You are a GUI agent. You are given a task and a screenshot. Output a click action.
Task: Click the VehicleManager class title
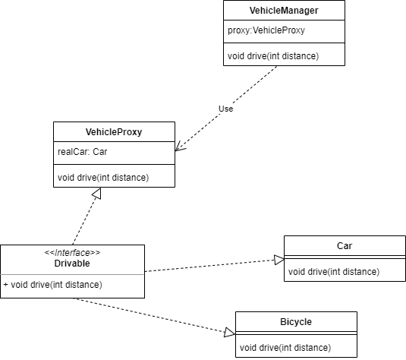click(284, 11)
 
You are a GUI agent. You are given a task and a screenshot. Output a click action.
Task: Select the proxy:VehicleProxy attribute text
click(266, 30)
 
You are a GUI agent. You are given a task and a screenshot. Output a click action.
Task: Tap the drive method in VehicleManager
click(273, 56)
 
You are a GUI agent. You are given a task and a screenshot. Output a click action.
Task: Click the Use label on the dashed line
click(226, 109)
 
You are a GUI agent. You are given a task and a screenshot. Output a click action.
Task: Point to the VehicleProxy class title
click(114, 132)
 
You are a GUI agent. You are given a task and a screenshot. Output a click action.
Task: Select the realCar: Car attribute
click(83, 152)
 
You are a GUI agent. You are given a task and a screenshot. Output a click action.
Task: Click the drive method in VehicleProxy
click(103, 178)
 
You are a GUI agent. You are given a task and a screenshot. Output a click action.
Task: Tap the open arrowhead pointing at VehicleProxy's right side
click(180, 147)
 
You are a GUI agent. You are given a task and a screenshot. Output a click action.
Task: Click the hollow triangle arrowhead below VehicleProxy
click(96, 194)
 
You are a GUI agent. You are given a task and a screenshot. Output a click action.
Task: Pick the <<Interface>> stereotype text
click(72, 252)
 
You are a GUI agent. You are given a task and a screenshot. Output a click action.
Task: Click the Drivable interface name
click(72, 264)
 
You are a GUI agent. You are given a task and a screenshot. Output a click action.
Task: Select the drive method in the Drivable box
click(53, 285)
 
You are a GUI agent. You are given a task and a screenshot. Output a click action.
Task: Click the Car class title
click(345, 246)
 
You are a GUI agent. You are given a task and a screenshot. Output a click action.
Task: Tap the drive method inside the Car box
click(334, 272)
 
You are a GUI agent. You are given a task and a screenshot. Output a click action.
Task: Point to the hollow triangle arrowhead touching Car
click(279, 260)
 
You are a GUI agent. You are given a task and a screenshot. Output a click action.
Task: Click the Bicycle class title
click(296, 322)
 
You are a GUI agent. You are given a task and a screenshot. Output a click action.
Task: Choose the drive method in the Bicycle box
click(285, 348)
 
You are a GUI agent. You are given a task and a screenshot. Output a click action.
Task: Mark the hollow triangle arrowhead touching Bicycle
click(229, 332)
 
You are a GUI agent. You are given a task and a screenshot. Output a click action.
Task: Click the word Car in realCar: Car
click(100, 152)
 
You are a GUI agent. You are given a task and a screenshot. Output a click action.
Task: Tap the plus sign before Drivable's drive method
click(6, 285)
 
